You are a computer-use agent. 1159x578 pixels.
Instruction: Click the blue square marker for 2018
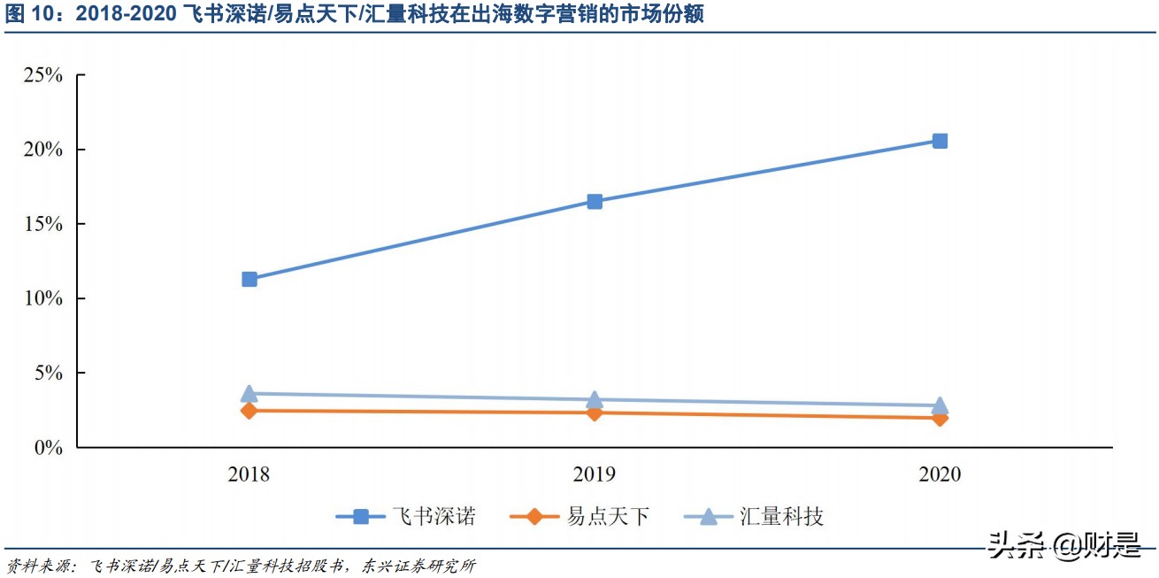tap(249, 280)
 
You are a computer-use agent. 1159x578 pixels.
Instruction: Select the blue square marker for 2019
tap(595, 202)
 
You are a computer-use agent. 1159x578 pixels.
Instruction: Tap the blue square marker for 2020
tap(940, 141)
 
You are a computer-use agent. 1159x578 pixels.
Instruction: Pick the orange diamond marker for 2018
tap(249, 411)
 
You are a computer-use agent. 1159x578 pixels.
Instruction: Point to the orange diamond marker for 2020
tap(940, 418)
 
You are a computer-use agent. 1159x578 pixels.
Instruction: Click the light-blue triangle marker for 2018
tap(249, 393)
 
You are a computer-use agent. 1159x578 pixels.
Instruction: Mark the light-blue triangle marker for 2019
tap(595, 399)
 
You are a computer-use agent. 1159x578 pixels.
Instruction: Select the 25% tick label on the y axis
tap(42, 75)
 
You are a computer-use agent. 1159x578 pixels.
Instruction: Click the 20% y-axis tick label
tap(42, 150)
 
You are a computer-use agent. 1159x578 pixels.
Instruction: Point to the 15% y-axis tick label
tap(42, 224)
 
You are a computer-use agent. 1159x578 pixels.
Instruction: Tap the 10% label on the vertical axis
tap(42, 298)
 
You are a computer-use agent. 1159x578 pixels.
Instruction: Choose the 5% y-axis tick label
tap(48, 373)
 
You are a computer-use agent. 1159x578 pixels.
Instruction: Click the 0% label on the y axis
tap(48, 448)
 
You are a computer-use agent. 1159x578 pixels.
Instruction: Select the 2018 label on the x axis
tap(249, 474)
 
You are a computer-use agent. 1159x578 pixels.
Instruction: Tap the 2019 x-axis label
tap(595, 474)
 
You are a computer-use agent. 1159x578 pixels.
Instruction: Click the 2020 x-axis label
tap(940, 474)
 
